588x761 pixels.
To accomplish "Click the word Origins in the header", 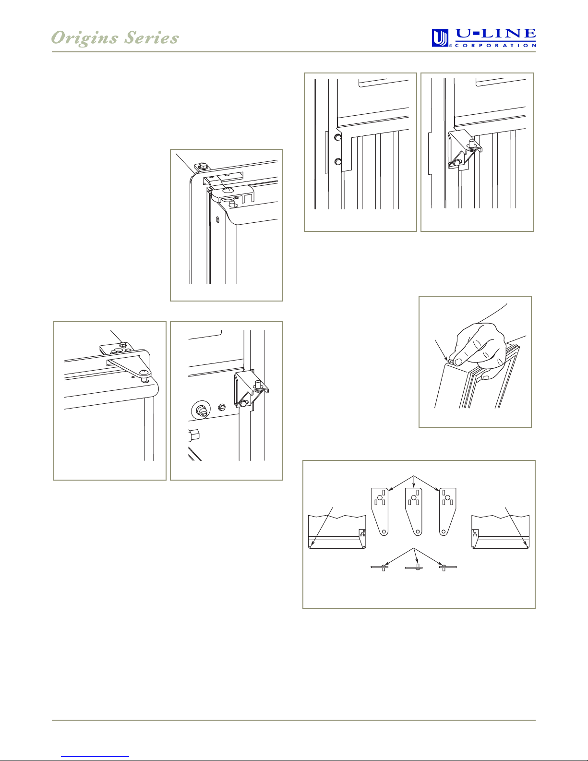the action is click(84, 38).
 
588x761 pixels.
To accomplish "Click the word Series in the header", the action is click(152, 37).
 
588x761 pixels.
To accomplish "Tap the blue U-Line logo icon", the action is click(440, 38).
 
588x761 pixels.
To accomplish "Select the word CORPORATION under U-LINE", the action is click(495, 45).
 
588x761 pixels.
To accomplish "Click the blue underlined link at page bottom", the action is click(95, 756).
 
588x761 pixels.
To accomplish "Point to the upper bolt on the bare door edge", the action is click(338, 137).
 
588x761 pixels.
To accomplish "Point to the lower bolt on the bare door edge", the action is click(338, 161).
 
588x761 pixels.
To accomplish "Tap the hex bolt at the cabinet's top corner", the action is click(202, 166).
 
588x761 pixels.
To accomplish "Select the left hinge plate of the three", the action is click(380, 511).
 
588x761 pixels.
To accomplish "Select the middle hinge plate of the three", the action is click(414, 511).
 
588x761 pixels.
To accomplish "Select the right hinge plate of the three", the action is click(448, 511).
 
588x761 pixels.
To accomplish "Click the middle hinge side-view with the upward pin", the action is click(414, 566).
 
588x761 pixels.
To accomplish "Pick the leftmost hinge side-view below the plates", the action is click(380, 568).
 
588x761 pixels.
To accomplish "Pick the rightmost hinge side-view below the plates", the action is click(448, 568).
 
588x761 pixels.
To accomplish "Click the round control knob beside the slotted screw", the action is click(201, 409).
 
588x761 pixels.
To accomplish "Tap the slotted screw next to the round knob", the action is click(222, 407).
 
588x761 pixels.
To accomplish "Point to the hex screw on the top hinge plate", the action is click(122, 345).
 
